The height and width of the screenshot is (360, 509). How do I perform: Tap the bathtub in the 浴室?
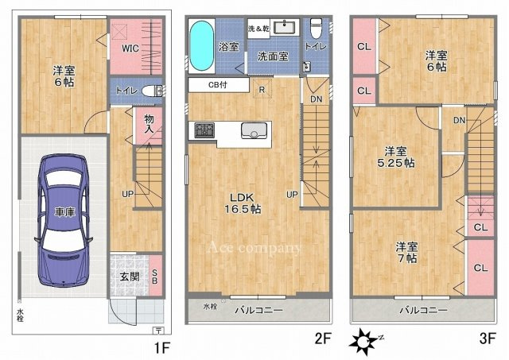click(x=201, y=46)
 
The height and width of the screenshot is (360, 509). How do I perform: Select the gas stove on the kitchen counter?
click(x=202, y=130)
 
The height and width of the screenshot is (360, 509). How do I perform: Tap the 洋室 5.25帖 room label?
click(x=394, y=157)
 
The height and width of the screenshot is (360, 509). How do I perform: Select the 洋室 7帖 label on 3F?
click(x=406, y=252)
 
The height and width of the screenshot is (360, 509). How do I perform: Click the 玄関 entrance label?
click(x=129, y=276)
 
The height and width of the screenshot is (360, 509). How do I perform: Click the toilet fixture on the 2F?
click(x=316, y=29)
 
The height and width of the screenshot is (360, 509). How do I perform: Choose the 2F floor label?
click(x=322, y=338)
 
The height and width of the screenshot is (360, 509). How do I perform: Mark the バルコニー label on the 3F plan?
click(x=423, y=310)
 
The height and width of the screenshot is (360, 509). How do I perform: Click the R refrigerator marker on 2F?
click(x=262, y=88)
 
